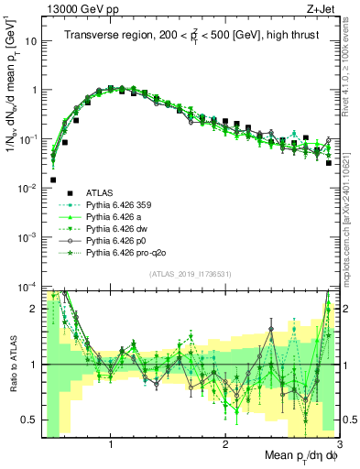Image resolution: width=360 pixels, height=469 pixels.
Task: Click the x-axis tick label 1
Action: click(111, 445)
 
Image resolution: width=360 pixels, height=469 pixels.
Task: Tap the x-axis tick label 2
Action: click(225, 445)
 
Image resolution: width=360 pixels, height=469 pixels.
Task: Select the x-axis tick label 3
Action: click(338, 445)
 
